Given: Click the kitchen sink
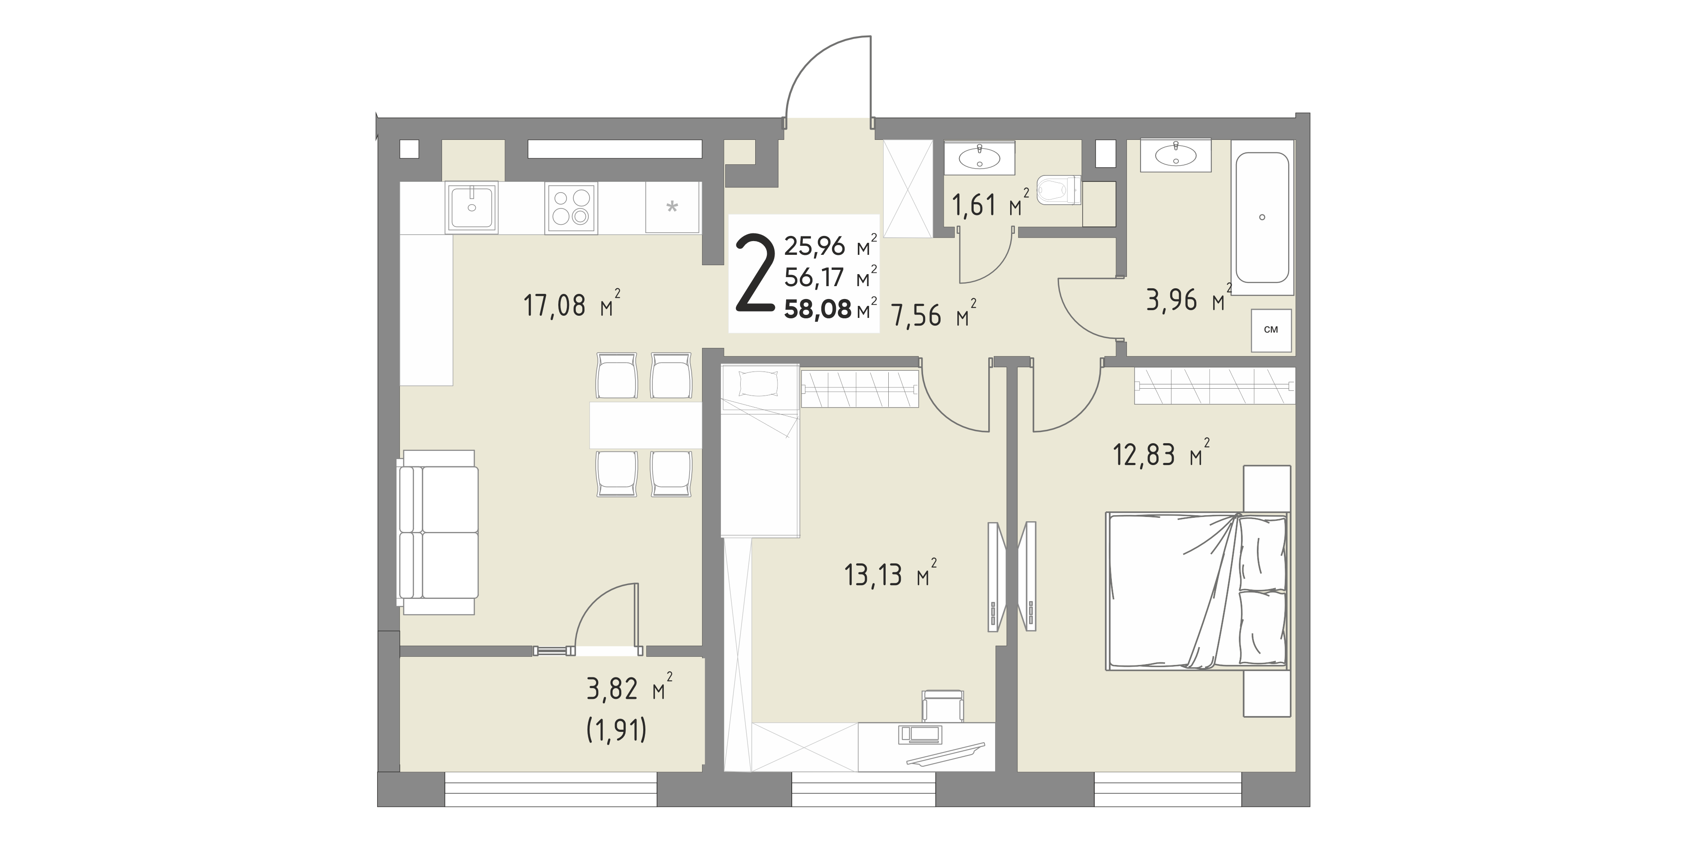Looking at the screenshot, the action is [x=471, y=208].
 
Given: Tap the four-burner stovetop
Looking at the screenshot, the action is [x=571, y=208].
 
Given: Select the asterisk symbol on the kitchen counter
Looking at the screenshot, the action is [x=672, y=208].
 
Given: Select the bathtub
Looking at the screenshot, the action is [x=1262, y=218].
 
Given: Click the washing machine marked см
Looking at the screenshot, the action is [x=1271, y=330].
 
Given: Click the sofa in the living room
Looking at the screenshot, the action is [x=437, y=532].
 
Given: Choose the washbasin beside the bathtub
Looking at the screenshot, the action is [x=1175, y=156].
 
